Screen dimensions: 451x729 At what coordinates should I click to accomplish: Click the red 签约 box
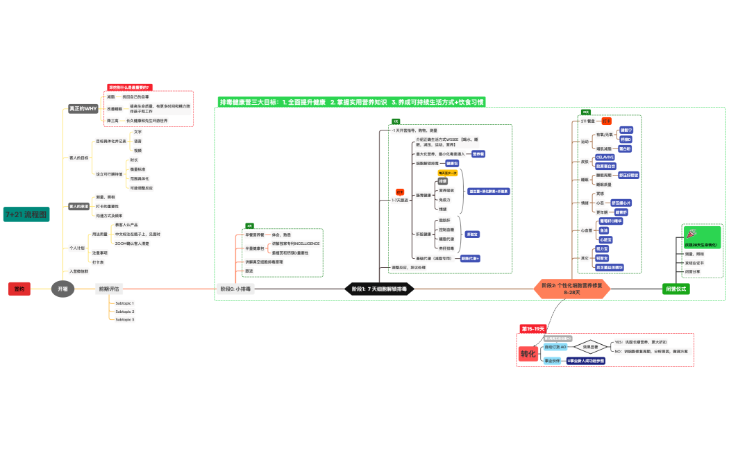[x=19, y=289]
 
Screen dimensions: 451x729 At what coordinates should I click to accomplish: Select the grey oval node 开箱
[x=62, y=289]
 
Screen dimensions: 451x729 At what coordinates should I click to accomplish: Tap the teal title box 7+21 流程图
[x=26, y=214]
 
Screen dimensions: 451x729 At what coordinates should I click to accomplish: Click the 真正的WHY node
[x=83, y=109]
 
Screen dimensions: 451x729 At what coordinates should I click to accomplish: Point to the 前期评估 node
[x=109, y=289]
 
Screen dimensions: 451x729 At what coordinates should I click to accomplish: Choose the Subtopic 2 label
[x=125, y=312]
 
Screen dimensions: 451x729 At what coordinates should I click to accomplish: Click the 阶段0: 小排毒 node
[x=235, y=289]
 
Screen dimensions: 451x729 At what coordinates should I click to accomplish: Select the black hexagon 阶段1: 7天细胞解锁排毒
[x=380, y=289]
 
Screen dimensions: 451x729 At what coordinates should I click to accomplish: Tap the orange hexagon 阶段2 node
[x=572, y=289]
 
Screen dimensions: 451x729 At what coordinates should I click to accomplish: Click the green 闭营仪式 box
[x=676, y=289]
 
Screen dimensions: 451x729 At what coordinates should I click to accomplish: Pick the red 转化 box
[x=528, y=354]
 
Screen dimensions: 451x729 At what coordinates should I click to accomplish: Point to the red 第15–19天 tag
[x=534, y=328]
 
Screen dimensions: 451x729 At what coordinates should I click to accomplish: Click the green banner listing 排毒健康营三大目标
[x=351, y=102]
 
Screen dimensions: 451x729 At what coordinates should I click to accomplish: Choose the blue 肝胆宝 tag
[x=472, y=235]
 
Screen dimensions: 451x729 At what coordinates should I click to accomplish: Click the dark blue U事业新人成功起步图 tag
[x=585, y=361]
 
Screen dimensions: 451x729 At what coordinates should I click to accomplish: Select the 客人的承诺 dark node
[x=78, y=207]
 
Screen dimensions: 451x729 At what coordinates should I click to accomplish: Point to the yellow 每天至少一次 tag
[x=447, y=173]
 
